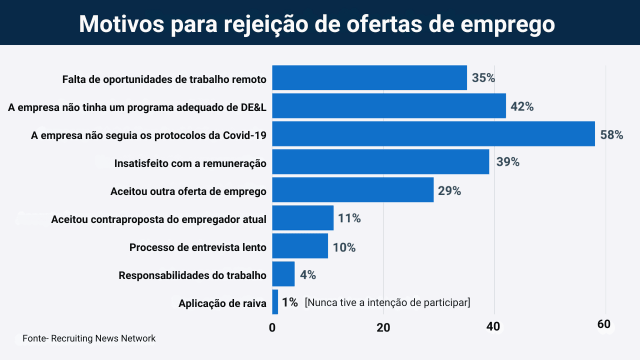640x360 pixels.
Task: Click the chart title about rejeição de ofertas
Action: [x=317, y=23]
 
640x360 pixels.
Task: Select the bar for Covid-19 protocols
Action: [x=433, y=134]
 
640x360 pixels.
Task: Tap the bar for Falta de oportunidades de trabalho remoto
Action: [x=369, y=78]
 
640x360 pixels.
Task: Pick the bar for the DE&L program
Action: [x=388, y=106]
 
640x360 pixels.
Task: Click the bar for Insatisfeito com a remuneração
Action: [x=380, y=162]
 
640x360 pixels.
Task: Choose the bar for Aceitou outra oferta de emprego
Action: [x=352, y=190]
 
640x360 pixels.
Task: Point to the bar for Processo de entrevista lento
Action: [x=300, y=246]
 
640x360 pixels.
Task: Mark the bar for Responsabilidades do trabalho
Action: [x=283, y=274]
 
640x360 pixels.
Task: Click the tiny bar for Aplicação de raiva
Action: [x=275, y=302]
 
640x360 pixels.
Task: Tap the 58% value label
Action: [x=611, y=134]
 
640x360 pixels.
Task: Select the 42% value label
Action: [x=522, y=106]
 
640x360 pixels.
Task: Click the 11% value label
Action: [x=349, y=218]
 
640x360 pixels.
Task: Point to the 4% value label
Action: [x=307, y=274]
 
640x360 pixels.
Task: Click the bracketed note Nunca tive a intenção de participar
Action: [x=387, y=302]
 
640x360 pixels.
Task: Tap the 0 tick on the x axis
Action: [x=272, y=327]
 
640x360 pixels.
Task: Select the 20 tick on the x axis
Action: [x=383, y=327]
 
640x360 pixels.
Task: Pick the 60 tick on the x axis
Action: [x=604, y=324]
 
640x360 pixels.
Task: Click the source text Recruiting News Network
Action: [x=89, y=338]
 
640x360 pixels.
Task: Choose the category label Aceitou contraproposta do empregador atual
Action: [x=158, y=219]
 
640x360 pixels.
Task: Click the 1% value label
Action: [x=290, y=302]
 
